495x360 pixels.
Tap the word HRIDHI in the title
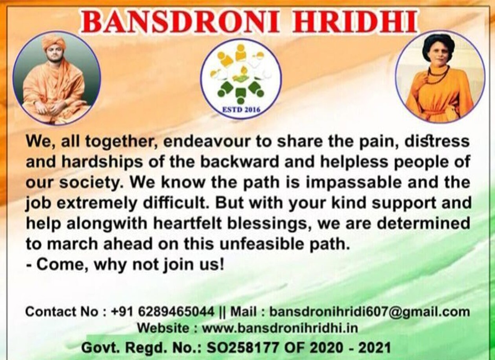(355, 22)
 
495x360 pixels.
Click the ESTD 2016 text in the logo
(242, 110)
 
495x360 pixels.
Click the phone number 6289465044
(176, 312)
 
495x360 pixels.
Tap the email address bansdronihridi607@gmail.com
(369, 312)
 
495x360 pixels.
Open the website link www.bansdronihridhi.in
(280, 328)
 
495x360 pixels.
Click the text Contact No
(62, 312)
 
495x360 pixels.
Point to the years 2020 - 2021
(350, 348)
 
